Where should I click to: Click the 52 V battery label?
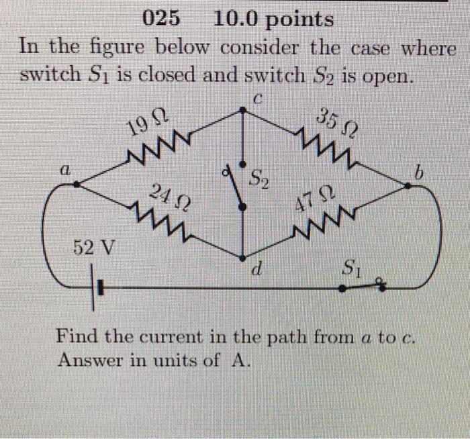tap(93, 248)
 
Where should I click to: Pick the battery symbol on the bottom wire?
tap(97, 289)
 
